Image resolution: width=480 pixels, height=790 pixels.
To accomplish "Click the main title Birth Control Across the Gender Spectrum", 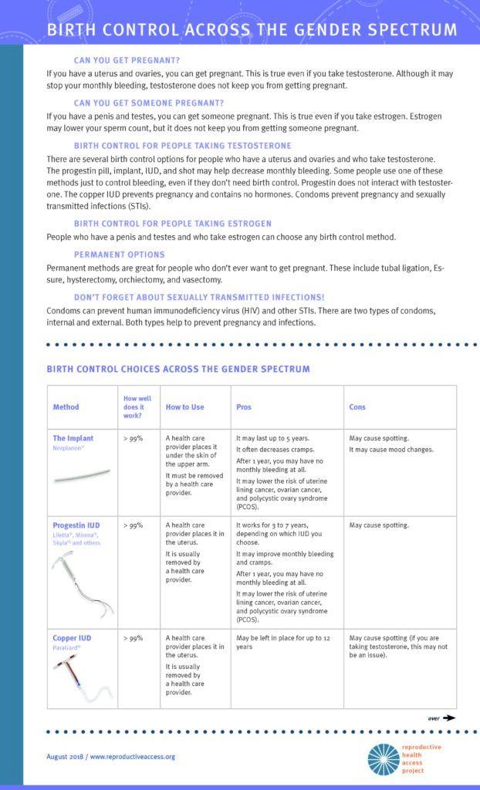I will [x=251, y=30].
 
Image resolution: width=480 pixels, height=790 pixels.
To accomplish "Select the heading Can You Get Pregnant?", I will [x=127, y=60].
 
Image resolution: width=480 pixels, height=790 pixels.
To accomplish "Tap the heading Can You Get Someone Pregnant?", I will [x=149, y=103].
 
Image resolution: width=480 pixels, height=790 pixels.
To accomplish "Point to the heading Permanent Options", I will [x=119, y=255].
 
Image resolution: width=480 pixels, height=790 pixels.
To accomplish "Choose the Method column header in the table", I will [x=66, y=407].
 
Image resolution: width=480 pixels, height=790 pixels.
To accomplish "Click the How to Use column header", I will [x=184, y=407].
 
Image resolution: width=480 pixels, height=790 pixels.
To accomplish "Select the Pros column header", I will [x=243, y=407].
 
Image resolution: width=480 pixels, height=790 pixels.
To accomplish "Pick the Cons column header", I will [x=357, y=407].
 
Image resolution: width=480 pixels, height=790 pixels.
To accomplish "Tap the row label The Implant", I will [x=73, y=438].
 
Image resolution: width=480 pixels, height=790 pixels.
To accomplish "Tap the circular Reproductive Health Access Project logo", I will [x=384, y=759].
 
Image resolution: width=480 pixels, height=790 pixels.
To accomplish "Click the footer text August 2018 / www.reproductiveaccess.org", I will [x=110, y=757].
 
